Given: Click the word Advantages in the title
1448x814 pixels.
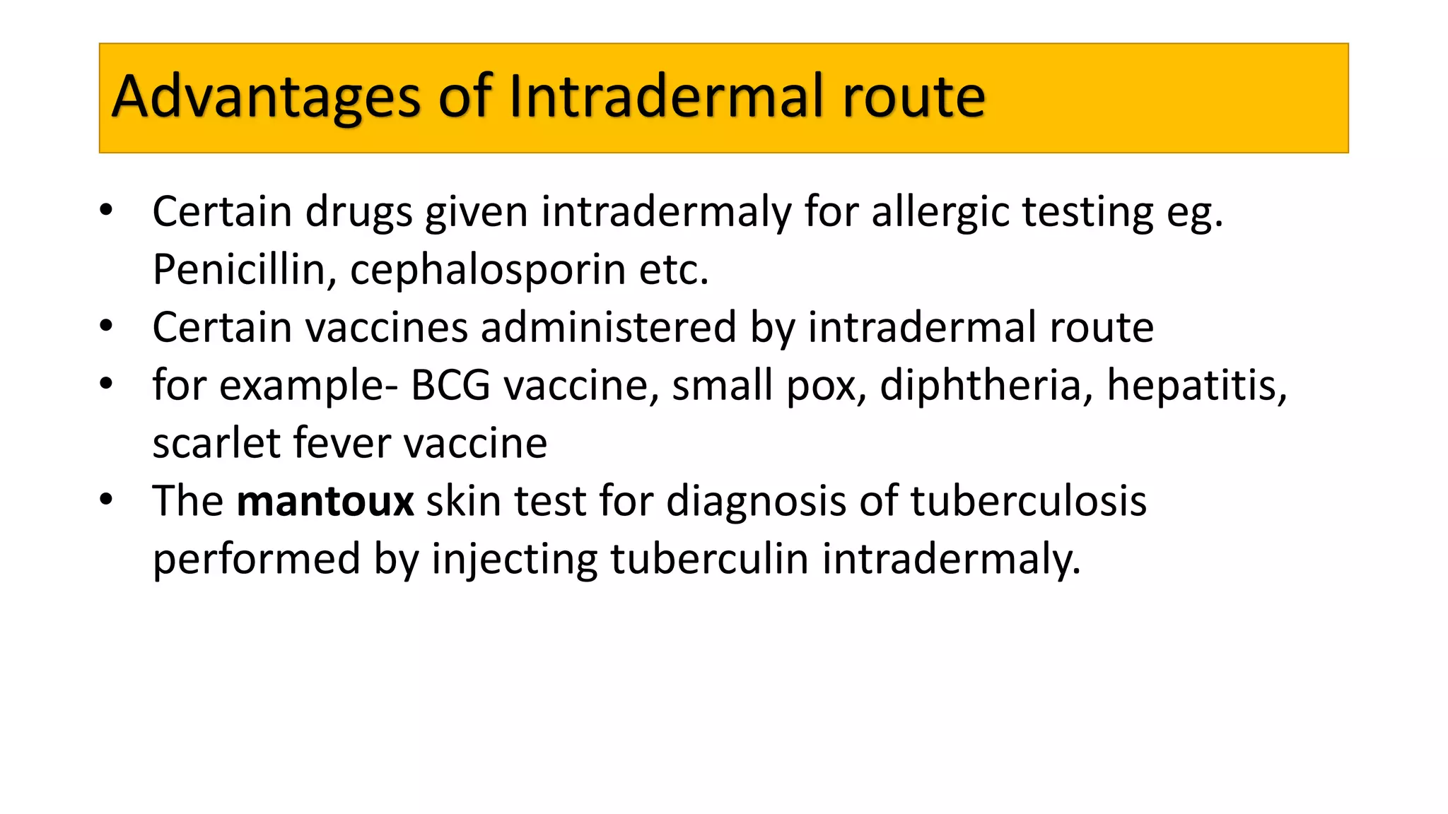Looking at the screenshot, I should (x=266, y=97).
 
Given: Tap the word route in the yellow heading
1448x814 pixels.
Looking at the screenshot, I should (x=913, y=97).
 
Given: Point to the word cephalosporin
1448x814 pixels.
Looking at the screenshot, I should (x=488, y=271).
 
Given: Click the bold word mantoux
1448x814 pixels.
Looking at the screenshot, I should (x=325, y=501).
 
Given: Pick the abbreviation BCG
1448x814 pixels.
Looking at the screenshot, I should (x=450, y=385).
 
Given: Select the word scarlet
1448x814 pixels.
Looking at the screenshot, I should (x=217, y=443).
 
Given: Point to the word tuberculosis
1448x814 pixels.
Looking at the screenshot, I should (x=1028, y=501).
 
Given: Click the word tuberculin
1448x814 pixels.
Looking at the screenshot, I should (x=709, y=559).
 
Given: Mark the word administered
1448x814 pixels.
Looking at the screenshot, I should (x=609, y=327).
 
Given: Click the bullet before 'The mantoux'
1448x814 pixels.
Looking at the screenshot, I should (x=106, y=500).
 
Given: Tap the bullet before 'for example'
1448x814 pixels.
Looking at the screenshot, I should (x=106, y=384).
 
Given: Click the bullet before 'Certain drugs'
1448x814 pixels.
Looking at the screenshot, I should (x=106, y=210).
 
